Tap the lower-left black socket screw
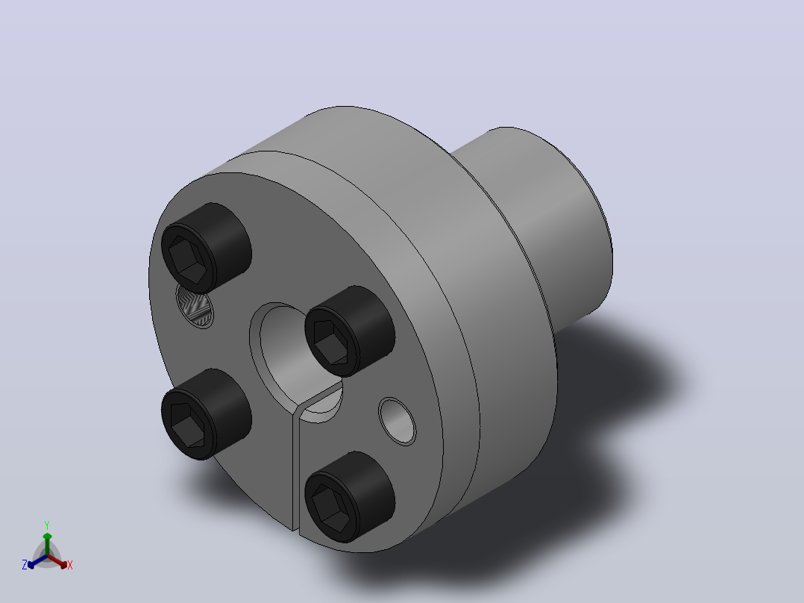(x=206, y=414)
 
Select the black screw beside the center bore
(x=350, y=331)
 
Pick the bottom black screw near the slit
(x=350, y=497)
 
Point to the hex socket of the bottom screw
(x=330, y=508)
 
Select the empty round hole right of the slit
(x=398, y=422)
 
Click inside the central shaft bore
(x=287, y=349)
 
